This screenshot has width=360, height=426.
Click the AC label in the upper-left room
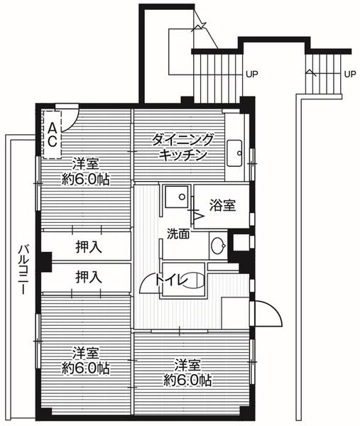click(53, 133)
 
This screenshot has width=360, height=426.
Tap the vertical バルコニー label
click(23, 271)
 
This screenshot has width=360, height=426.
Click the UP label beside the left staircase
click(251, 73)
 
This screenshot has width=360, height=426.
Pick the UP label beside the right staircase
click(349, 73)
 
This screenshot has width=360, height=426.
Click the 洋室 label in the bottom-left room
click(85, 353)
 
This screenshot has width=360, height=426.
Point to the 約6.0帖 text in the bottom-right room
click(186, 380)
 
